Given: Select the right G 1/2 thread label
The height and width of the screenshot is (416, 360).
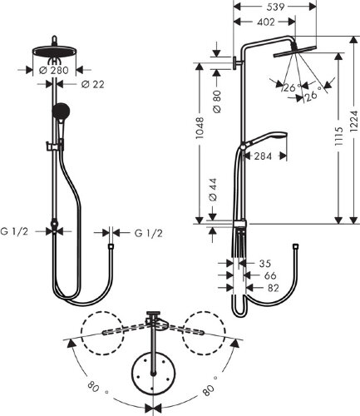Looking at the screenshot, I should point(147,234).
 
